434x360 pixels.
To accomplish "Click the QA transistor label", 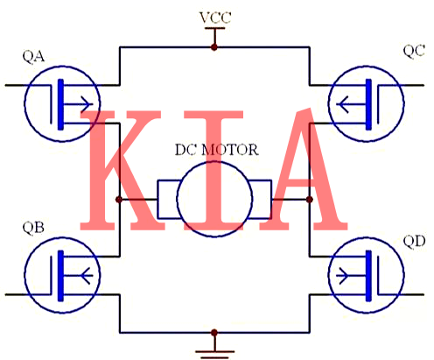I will point(33,59).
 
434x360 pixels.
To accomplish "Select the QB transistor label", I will point(33,229).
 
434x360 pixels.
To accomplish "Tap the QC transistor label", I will point(414,51).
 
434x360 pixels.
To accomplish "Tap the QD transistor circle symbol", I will point(368,271).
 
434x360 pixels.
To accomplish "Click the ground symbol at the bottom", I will point(214,350).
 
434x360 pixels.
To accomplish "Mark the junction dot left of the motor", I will point(119,200).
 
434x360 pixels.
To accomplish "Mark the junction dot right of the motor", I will point(310,200).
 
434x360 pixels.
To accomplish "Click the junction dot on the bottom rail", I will point(214,333).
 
